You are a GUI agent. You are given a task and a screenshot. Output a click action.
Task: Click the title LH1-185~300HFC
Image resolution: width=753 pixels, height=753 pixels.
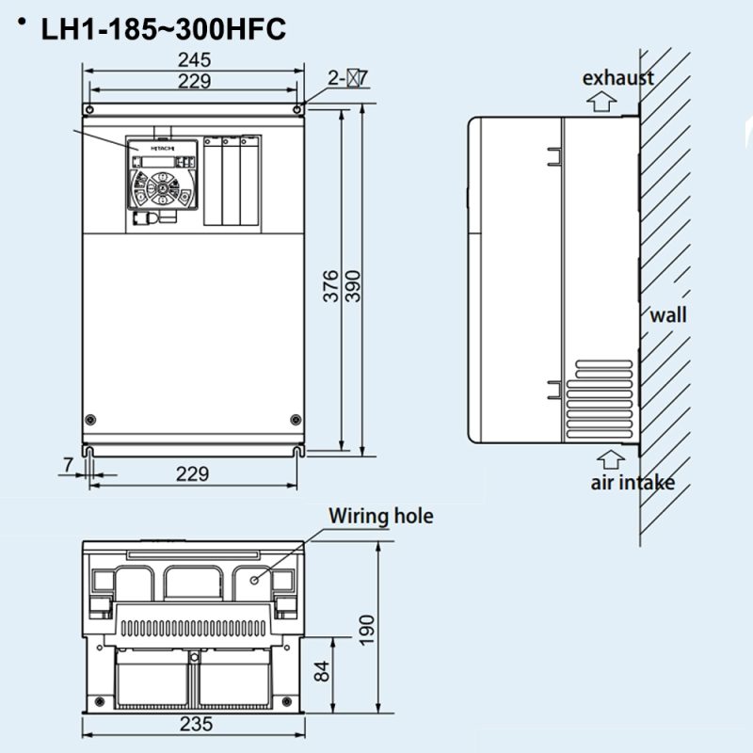pos(163,29)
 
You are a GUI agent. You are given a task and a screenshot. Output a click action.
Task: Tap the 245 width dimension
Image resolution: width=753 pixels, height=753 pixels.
pos(194,60)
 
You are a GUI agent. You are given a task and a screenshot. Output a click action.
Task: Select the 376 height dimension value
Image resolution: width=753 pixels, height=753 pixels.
pos(330,286)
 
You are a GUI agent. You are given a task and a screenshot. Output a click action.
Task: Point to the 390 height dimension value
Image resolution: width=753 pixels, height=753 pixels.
pos(353,286)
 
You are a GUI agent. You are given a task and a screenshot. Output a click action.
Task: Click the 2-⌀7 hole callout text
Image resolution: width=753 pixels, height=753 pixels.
pos(348,78)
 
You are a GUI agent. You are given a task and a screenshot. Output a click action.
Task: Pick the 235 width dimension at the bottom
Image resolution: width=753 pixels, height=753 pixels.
pos(196,724)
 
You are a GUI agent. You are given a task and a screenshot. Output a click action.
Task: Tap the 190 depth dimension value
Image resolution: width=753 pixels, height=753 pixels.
pos(367,631)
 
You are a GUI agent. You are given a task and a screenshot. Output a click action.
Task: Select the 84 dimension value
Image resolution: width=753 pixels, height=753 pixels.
pos(322,671)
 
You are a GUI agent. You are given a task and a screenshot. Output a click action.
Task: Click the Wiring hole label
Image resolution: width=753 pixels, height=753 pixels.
pos(381,516)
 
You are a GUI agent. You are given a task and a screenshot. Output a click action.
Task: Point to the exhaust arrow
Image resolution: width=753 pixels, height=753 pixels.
pos(601,102)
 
